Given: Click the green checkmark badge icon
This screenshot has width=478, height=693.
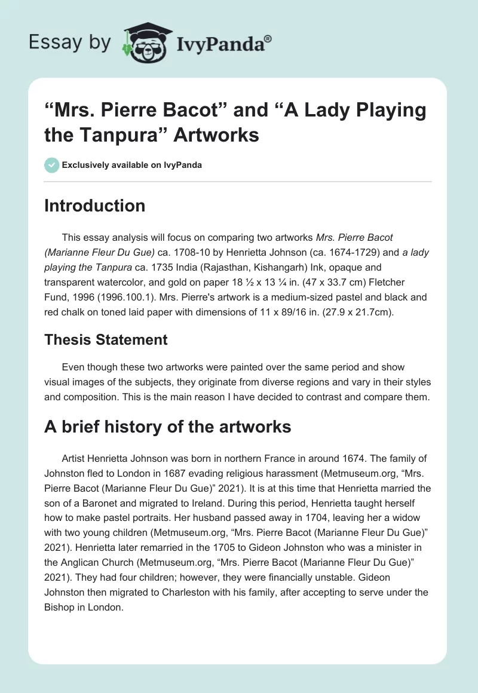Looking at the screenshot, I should pos(51,165).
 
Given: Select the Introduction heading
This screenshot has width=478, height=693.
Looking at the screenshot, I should pos(94,206).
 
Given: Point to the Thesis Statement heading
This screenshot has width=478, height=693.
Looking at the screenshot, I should pos(106,340).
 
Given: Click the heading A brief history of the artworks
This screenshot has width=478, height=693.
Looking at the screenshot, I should pos(168,427).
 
